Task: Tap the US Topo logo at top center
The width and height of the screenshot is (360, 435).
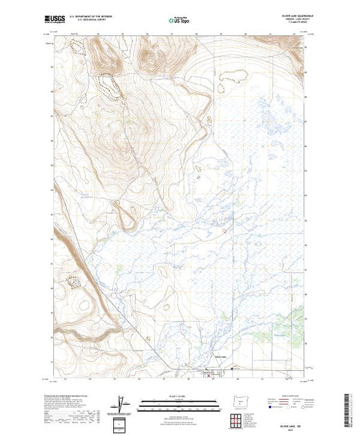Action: [180, 21]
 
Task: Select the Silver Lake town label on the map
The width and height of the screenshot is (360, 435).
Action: [217, 356]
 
